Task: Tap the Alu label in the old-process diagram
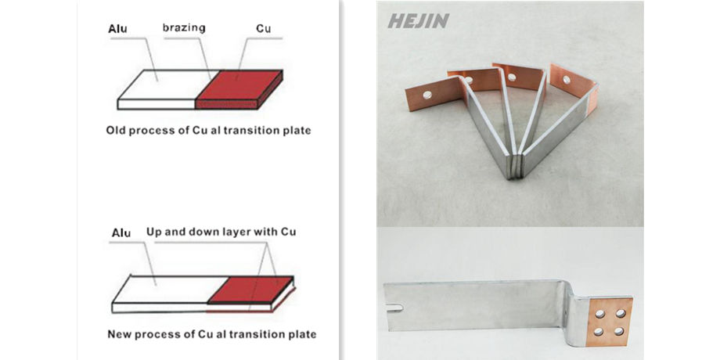tap(118, 31)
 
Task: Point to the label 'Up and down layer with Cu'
tap(221, 232)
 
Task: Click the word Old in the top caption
tap(115, 131)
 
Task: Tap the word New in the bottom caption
tap(119, 334)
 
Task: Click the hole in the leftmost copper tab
tap(428, 95)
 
